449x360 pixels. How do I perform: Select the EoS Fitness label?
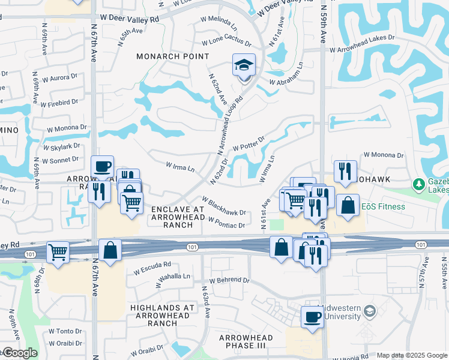pyautogui.click(x=383, y=207)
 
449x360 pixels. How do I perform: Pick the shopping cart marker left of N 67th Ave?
pyautogui.click(x=58, y=251)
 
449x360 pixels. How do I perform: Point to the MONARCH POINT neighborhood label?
pyautogui.click(x=172, y=56)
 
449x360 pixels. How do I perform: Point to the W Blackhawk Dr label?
pyautogui.click(x=224, y=206)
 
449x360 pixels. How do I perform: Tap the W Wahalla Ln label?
pyautogui.click(x=173, y=277)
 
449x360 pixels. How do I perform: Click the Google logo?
pyautogui.click(x=20, y=353)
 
